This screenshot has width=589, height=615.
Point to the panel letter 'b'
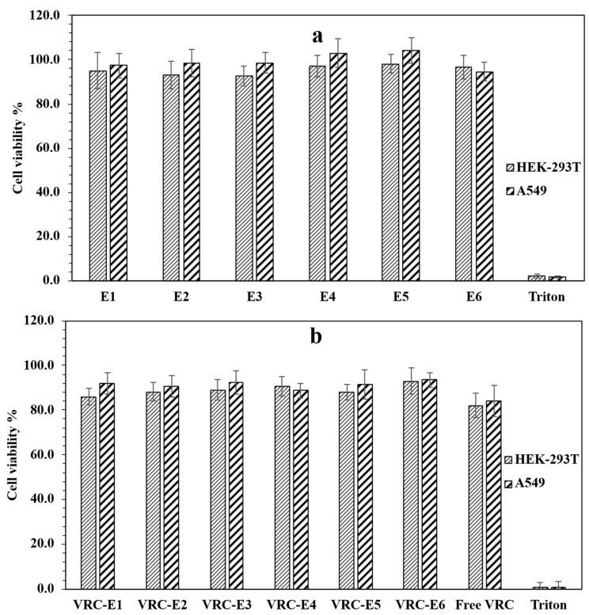(315, 336)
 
